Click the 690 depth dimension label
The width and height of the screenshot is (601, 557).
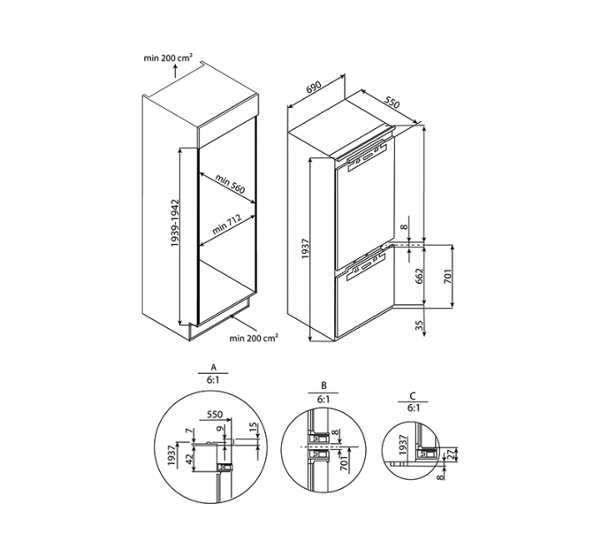pyautogui.click(x=313, y=88)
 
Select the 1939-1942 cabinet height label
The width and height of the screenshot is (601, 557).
pyautogui.click(x=176, y=223)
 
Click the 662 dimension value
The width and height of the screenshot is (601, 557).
pyautogui.click(x=419, y=276)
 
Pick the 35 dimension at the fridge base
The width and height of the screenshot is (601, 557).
pyautogui.click(x=419, y=325)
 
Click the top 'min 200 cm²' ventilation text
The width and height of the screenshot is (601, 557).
pyautogui.click(x=168, y=57)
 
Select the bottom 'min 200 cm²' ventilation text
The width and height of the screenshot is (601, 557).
pyautogui.click(x=254, y=338)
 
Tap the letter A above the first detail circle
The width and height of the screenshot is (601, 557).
pyautogui.click(x=214, y=367)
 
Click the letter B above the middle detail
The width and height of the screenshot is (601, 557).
pyautogui.click(x=323, y=385)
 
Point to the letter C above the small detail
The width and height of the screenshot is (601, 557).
pyautogui.click(x=413, y=395)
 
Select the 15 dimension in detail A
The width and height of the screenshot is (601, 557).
pyautogui.click(x=252, y=427)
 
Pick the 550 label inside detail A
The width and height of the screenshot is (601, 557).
pyautogui.click(x=215, y=415)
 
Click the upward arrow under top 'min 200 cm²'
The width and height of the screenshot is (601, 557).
pyautogui.click(x=176, y=72)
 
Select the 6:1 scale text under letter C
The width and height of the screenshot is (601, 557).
pyautogui.click(x=413, y=408)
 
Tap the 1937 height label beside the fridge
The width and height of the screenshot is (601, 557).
pyautogui.click(x=305, y=248)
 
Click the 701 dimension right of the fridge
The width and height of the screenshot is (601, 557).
pyautogui.click(x=448, y=276)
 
